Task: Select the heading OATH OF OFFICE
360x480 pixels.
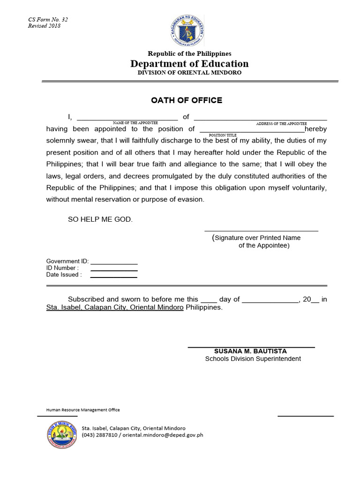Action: click(187, 100)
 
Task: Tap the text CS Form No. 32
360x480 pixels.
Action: click(48, 20)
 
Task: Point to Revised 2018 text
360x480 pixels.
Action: click(44, 26)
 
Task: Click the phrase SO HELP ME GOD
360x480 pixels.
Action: click(100, 219)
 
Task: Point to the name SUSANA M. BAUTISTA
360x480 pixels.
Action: click(250, 351)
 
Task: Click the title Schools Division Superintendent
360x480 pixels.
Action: click(253, 359)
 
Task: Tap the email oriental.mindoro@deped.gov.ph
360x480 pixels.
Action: click(162, 435)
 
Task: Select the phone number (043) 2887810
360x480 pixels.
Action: click(99, 435)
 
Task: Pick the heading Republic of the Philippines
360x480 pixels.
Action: click(189, 54)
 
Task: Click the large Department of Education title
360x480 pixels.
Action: click(189, 64)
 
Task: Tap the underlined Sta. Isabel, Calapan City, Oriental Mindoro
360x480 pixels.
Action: click(114, 308)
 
